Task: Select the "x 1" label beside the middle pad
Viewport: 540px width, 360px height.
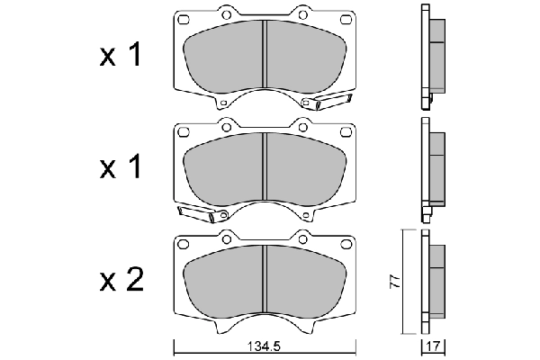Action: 119,168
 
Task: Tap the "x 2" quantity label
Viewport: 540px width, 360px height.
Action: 119,281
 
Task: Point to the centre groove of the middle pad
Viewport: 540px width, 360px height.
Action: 263,166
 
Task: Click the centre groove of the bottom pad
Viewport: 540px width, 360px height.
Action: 263,279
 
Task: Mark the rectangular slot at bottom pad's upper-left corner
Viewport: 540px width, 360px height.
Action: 184,243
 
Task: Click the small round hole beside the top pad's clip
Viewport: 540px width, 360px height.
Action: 306,105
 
